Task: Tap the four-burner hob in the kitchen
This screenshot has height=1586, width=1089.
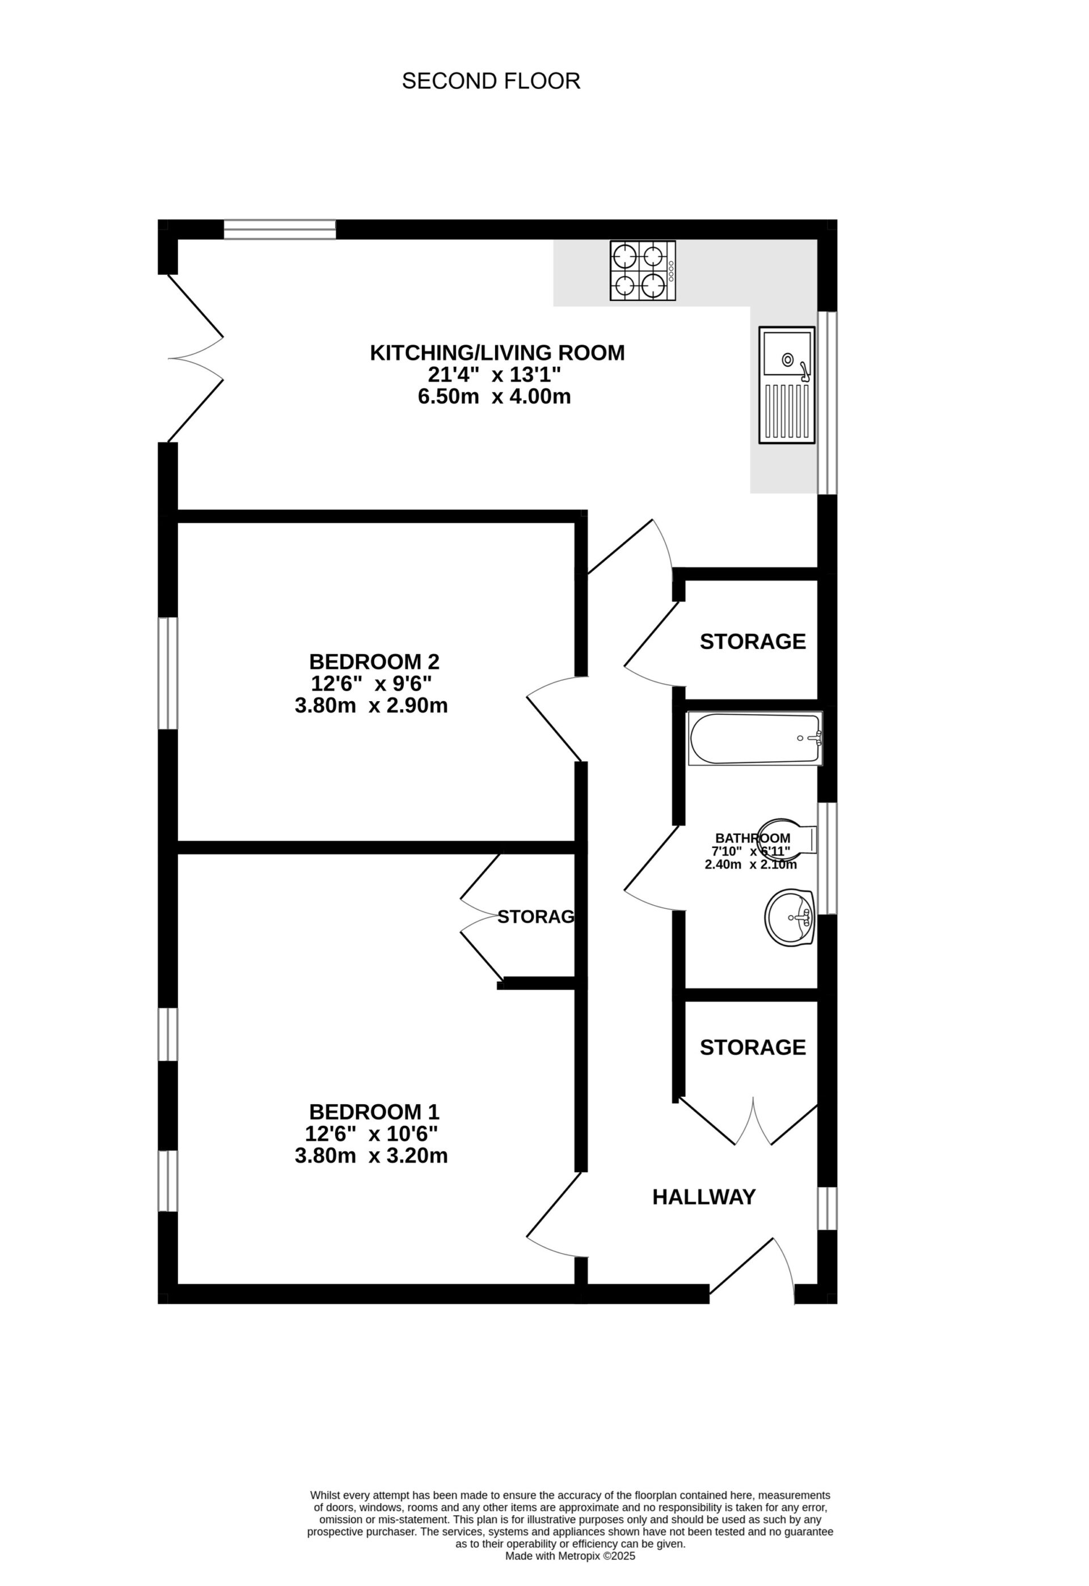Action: [642, 271]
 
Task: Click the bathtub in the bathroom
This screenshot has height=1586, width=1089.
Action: [754, 739]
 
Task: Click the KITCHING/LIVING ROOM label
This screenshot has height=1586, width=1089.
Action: [497, 353]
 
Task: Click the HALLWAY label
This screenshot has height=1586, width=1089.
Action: [704, 1197]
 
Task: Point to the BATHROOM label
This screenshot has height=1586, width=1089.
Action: [753, 838]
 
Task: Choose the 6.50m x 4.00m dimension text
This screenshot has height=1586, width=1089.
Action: [495, 397]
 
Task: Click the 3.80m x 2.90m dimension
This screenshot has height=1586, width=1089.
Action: [372, 706]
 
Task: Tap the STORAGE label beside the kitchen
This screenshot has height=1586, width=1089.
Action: [753, 642]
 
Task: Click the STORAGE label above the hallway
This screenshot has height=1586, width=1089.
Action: [753, 1048]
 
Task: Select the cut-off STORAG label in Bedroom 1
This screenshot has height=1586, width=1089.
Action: [536, 917]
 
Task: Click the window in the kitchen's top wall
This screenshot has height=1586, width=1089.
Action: [280, 230]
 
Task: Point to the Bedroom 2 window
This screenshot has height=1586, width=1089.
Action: [168, 673]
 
